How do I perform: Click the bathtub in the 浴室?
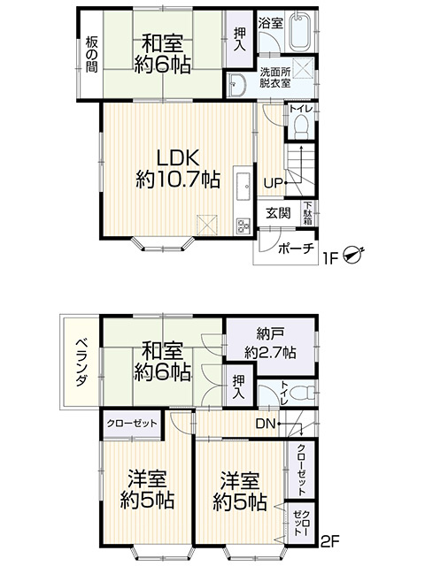[x=301, y=31]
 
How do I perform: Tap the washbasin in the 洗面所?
[x=238, y=85]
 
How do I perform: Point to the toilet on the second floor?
[x=302, y=393]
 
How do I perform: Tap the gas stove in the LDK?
[x=244, y=226]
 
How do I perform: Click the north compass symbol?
[x=353, y=254]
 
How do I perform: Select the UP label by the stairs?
[x=274, y=183]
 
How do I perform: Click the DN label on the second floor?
[x=266, y=424]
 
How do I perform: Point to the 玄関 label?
[x=278, y=213]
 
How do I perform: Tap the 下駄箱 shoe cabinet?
[x=307, y=213]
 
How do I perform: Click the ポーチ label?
[x=295, y=249]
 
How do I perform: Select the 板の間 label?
[x=91, y=55]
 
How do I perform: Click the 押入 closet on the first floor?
[x=239, y=39]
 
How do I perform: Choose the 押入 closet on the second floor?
[x=238, y=386]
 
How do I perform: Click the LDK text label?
[x=178, y=158]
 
